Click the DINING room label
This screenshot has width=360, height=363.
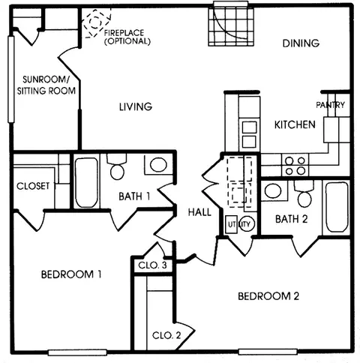pyautogui.click(x=301, y=43)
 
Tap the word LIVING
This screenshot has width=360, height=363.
pyautogui.click(x=135, y=106)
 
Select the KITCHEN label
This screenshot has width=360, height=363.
pyautogui.click(x=294, y=124)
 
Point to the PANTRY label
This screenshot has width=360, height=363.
pyautogui.click(x=331, y=105)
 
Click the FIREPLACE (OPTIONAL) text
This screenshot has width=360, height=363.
pyautogui.click(x=127, y=37)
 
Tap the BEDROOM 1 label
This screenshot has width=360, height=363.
pyautogui.click(x=70, y=274)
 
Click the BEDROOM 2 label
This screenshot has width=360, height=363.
pyautogui.click(x=268, y=296)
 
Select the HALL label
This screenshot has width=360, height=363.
pyautogui.click(x=199, y=213)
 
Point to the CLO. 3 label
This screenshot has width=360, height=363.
pyautogui.click(x=152, y=265)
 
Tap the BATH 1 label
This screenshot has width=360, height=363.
pyautogui.click(x=135, y=197)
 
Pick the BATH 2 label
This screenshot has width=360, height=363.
pyautogui.click(x=289, y=220)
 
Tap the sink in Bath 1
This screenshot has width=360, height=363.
pyautogui.click(x=157, y=165)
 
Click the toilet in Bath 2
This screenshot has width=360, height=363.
pyautogui.click(x=304, y=196)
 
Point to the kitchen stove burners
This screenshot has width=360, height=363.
pyautogui.click(x=294, y=164)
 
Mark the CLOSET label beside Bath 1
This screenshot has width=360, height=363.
pyautogui.click(x=33, y=185)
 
